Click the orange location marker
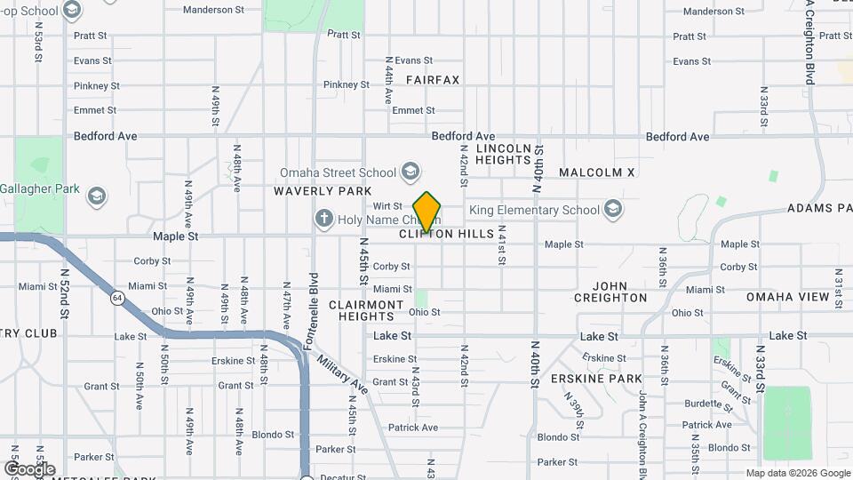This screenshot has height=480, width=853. click(426, 212)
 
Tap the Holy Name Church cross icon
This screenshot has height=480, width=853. click(324, 218)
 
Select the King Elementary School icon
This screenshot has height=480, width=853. click(612, 210)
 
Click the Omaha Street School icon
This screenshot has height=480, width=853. click(411, 172)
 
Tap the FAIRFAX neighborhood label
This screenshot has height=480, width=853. click(433, 80)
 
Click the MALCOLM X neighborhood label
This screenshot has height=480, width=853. click(597, 172)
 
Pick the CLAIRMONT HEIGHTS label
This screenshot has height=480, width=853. click(367, 310)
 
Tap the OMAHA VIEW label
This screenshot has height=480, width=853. click(787, 297)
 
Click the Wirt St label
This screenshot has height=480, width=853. click(387, 205)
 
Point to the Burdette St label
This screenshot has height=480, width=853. click(707, 403)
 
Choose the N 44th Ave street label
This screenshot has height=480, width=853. click(388, 80)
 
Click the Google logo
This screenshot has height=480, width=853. click(29, 468)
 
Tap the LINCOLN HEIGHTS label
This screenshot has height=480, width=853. click(503, 154)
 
